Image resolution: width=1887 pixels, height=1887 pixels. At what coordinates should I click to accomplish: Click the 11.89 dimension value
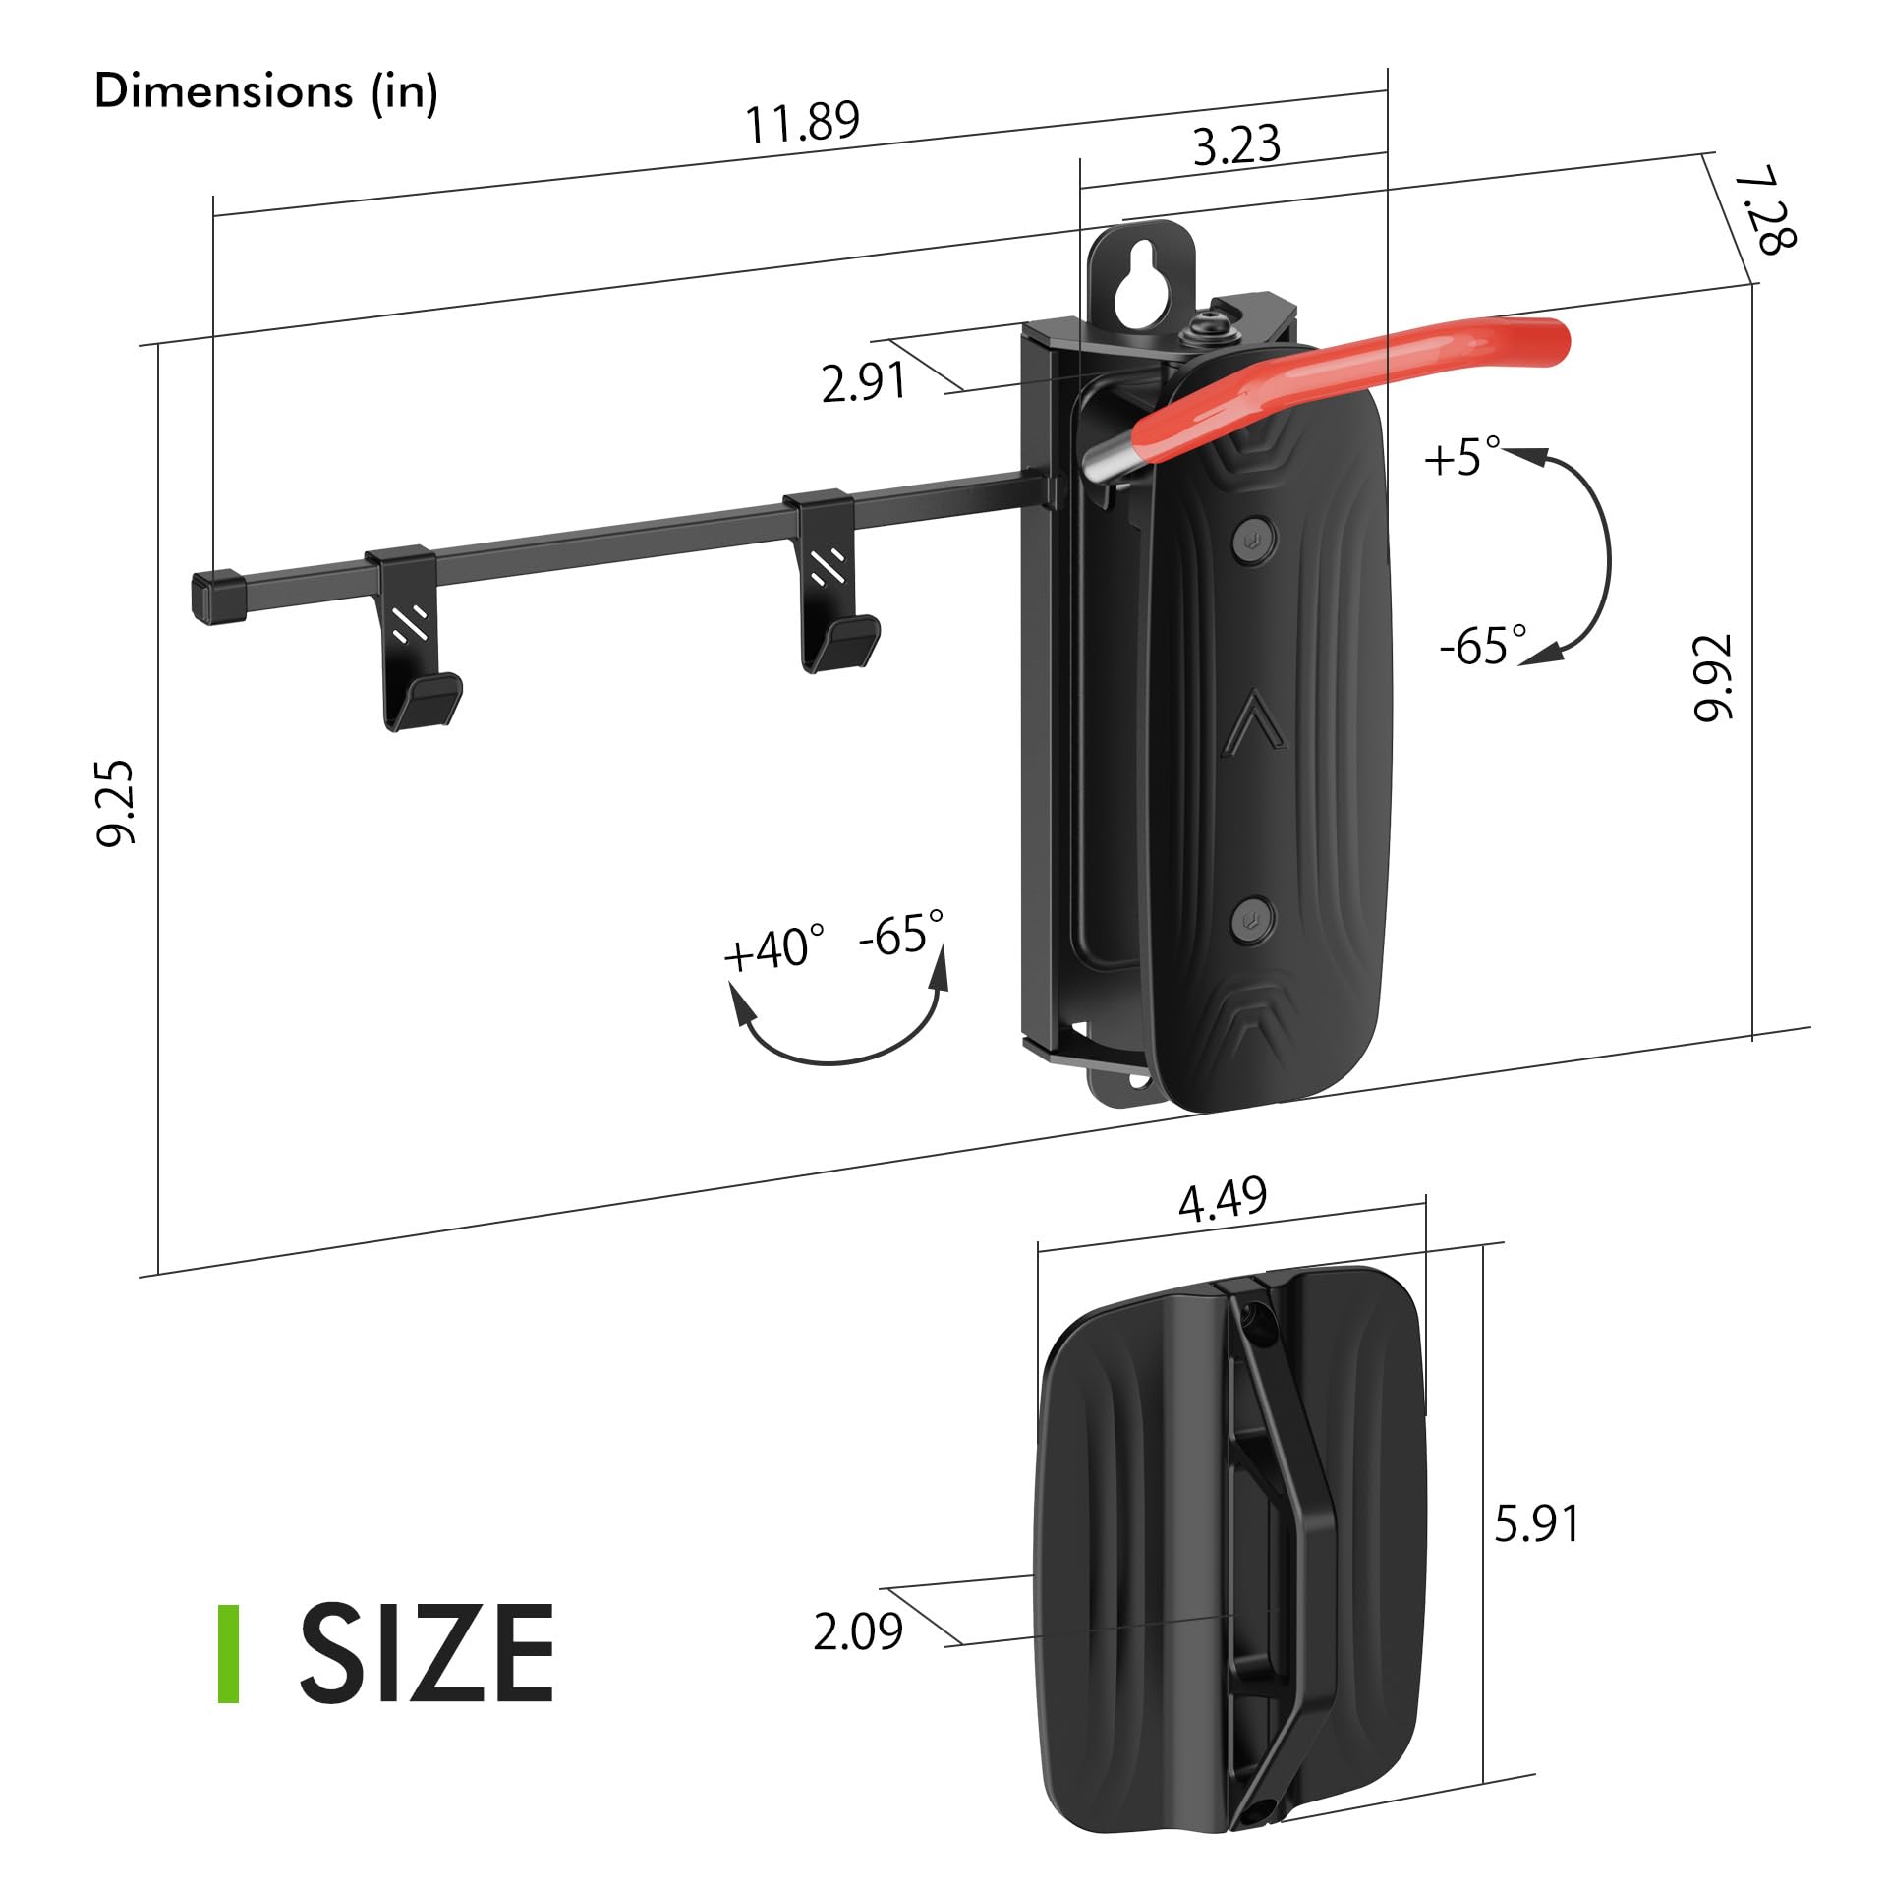(x=802, y=123)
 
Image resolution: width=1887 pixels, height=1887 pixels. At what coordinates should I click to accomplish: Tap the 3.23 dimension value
(x=1236, y=144)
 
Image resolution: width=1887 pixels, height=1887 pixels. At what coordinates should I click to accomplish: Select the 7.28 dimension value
(x=1765, y=211)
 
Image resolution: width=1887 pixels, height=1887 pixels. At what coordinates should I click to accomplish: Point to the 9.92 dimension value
(x=1714, y=677)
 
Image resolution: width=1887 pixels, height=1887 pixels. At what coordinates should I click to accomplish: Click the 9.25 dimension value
(x=117, y=802)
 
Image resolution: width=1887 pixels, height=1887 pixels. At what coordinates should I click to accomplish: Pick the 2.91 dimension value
(x=864, y=382)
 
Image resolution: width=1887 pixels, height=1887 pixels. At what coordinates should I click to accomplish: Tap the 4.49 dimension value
(x=1223, y=1200)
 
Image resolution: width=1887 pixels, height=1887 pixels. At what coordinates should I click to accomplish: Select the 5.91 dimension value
(x=1536, y=1523)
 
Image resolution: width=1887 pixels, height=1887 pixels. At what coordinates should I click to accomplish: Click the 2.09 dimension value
(x=858, y=1632)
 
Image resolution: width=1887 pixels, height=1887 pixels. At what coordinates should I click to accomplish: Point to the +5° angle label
(x=1462, y=457)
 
